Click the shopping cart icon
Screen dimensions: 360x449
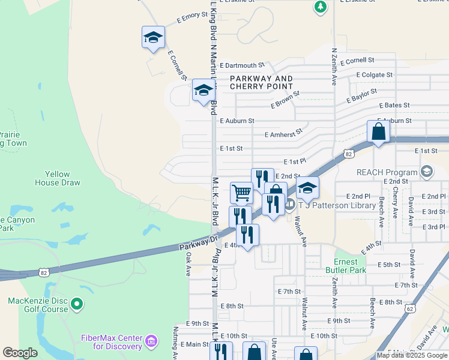point(241,193)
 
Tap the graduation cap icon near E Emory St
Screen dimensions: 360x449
point(153,37)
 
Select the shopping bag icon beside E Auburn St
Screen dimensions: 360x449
point(378,131)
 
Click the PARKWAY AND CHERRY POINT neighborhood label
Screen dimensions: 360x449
point(262,83)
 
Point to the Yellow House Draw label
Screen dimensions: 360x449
point(57,178)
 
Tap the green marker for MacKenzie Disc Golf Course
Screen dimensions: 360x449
point(77,305)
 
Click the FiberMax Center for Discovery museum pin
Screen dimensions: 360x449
point(151,342)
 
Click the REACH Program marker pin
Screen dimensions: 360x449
point(427,172)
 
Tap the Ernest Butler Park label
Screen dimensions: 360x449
point(354,266)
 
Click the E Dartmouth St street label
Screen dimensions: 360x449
point(242,65)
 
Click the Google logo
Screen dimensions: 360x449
point(20,353)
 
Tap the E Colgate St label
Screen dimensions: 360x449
point(374,75)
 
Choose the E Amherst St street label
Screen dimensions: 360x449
point(283,134)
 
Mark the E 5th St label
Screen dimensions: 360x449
point(389,265)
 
